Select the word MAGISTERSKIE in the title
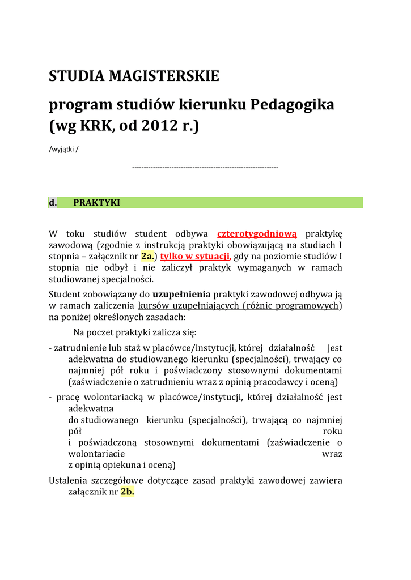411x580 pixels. coord(163,76)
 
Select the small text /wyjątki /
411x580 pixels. coord(63,150)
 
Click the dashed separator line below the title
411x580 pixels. coord(205,167)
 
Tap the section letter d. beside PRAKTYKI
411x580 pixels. coord(53,203)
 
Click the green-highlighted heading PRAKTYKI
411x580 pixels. coord(97,203)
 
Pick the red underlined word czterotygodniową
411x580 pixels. coord(257,234)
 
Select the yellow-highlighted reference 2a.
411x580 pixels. coord(147,256)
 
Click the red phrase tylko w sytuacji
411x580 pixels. coord(195,256)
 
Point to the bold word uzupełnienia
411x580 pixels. coord(181,294)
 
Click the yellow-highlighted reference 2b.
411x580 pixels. coord(128,492)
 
